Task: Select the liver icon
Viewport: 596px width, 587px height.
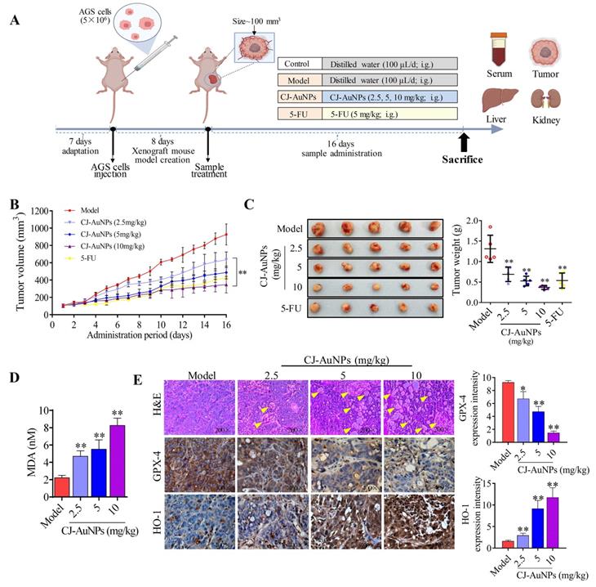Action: click(500, 102)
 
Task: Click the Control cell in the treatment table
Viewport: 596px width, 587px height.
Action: click(297, 63)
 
